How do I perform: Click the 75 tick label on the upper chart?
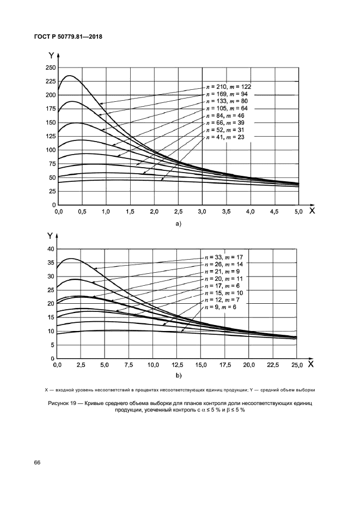[52, 164]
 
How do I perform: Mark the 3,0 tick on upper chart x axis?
[203, 211]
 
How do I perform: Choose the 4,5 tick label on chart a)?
[274, 211]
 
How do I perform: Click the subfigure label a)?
[178, 223]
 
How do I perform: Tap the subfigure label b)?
[178, 376]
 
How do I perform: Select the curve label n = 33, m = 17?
[224, 256]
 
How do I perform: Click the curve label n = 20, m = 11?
[224, 278]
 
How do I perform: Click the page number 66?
[38, 463]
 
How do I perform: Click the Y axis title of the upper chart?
[51, 56]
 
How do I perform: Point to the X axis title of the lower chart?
[311, 364]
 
